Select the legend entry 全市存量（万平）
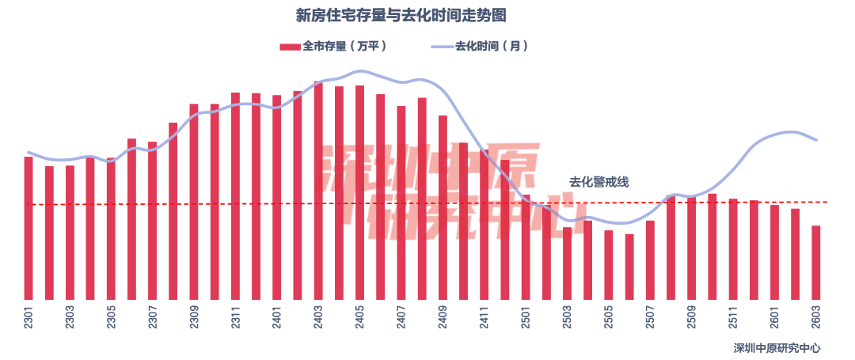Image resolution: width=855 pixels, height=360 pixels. pyautogui.click(x=333, y=47)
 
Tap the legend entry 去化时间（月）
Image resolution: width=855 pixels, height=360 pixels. pyautogui.click(x=480, y=47)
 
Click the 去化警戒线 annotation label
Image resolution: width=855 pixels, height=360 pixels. pyautogui.click(x=598, y=182)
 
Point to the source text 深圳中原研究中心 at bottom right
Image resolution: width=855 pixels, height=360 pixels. pyautogui.click(x=777, y=347)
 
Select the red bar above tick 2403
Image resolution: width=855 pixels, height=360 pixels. pyautogui.click(x=318, y=190)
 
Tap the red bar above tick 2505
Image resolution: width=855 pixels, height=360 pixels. pyautogui.click(x=609, y=264)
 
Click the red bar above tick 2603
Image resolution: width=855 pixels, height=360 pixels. pyautogui.click(x=815, y=262)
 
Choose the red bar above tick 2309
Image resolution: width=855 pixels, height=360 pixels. pyautogui.click(x=194, y=201)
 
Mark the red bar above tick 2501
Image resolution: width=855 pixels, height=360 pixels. pyautogui.click(x=526, y=246)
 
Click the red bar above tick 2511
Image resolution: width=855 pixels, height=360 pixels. pyautogui.click(x=733, y=248)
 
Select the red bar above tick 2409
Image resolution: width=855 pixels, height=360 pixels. pyautogui.click(x=443, y=207)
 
